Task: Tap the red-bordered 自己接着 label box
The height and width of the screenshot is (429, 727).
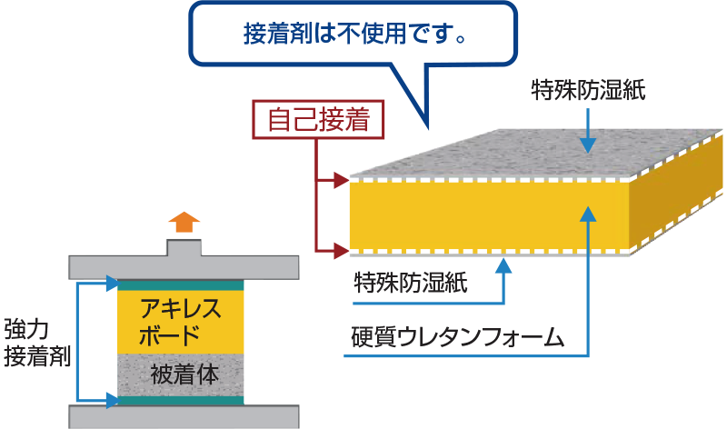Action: point(317,120)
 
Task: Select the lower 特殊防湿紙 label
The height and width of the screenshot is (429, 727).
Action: point(411,282)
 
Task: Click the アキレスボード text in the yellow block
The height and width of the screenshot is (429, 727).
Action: point(181,320)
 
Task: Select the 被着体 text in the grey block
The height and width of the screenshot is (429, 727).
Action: point(182,374)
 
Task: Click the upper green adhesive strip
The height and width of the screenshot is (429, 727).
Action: point(181,285)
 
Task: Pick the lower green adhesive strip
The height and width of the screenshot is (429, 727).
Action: point(181,400)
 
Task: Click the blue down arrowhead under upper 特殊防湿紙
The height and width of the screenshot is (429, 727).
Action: point(589,145)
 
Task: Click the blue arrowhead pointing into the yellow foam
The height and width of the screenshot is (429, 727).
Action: point(589,214)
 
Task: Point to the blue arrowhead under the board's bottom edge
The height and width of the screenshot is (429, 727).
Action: point(503,265)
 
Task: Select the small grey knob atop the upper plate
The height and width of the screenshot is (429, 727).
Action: point(184,246)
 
